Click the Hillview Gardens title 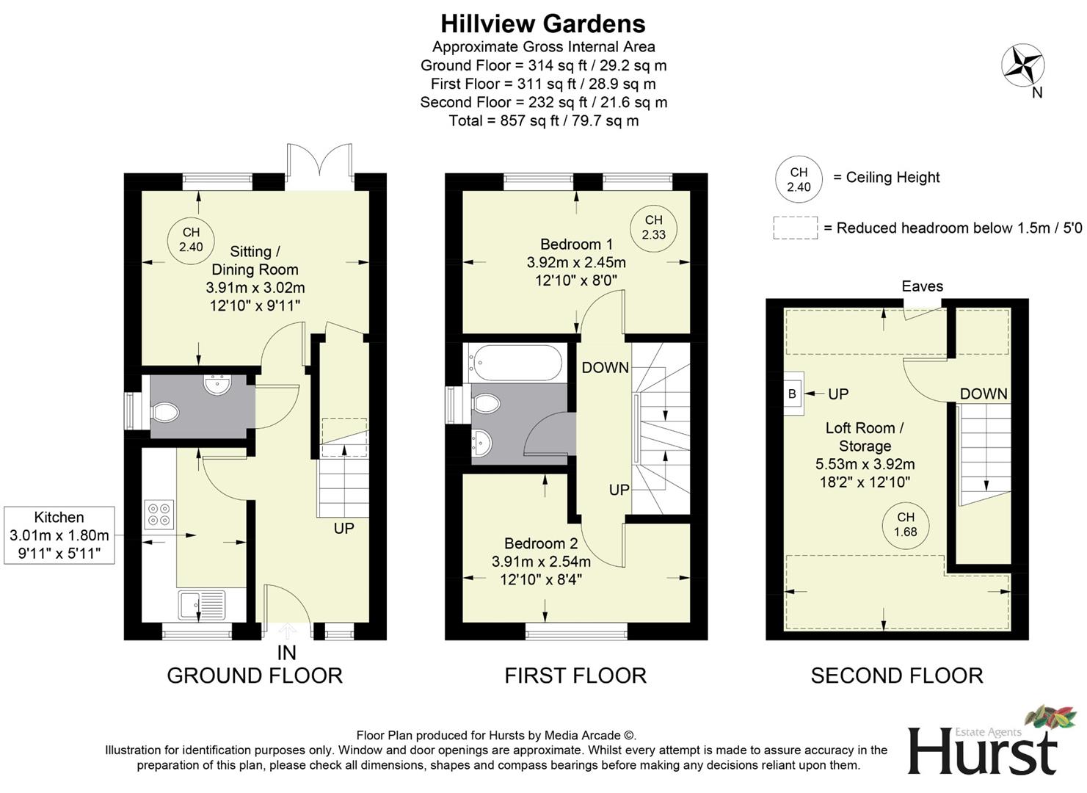pyautogui.click(x=543, y=23)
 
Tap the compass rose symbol pyautogui.click(x=1022, y=65)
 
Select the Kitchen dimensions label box pyautogui.click(x=59, y=535)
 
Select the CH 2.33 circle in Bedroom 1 pyautogui.click(x=653, y=228)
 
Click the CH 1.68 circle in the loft pyautogui.click(x=905, y=524)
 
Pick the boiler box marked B pyautogui.click(x=792, y=394)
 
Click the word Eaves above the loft pyautogui.click(x=922, y=286)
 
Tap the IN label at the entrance pyautogui.click(x=286, y=652)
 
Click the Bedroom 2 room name pyautogui.click(x=541, y=543)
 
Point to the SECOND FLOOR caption pyautogui.click(x=896, y=676)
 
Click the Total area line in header pyautogui.click(x=543, y=120)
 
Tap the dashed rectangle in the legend pyautogui.click(x=795, y=228)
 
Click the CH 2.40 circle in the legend pyautogui.click(x=799, y=179)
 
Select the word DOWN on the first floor pyautogui.click(x=605, y=367)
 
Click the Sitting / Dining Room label pyautogui.click(x=254, y=261)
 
